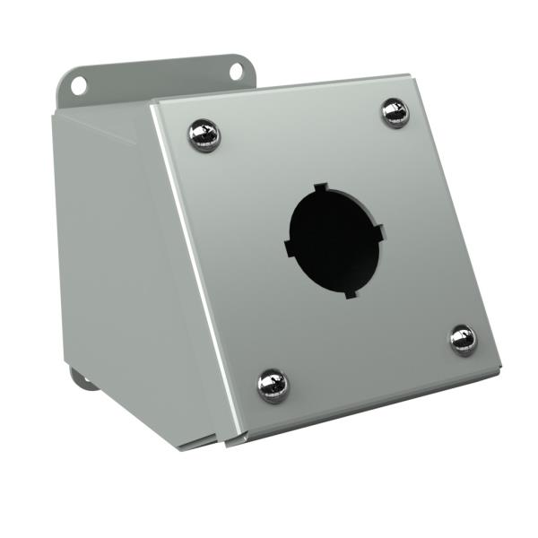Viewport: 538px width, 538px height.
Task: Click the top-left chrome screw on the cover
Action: tap(204, 135)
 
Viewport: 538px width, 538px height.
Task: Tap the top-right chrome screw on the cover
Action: tap(395, 112)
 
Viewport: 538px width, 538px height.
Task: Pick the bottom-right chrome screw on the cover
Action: tap(464, 340)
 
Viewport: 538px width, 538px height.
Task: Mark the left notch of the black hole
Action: tap(289, 244)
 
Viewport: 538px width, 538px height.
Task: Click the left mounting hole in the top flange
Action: tap(80, 85)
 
